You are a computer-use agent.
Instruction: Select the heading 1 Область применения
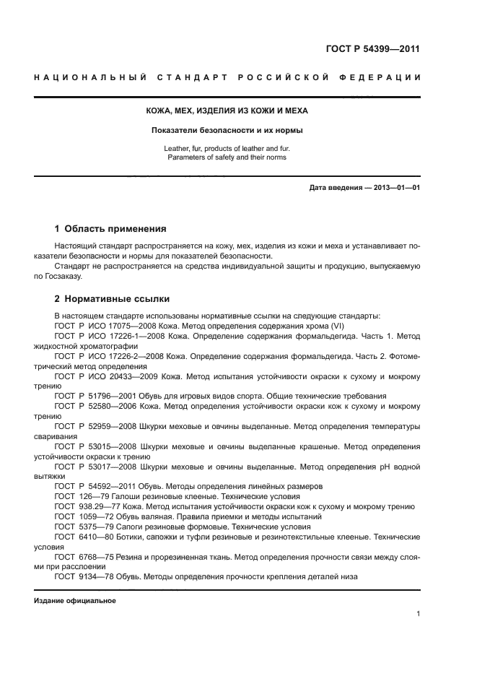[110, 229]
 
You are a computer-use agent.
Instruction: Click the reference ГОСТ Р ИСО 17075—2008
[104, 326]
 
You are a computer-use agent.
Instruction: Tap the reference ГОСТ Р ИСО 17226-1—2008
[108, 336]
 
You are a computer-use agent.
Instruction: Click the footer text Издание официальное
[75, 601]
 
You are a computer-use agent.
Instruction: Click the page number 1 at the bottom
[418, 614]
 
